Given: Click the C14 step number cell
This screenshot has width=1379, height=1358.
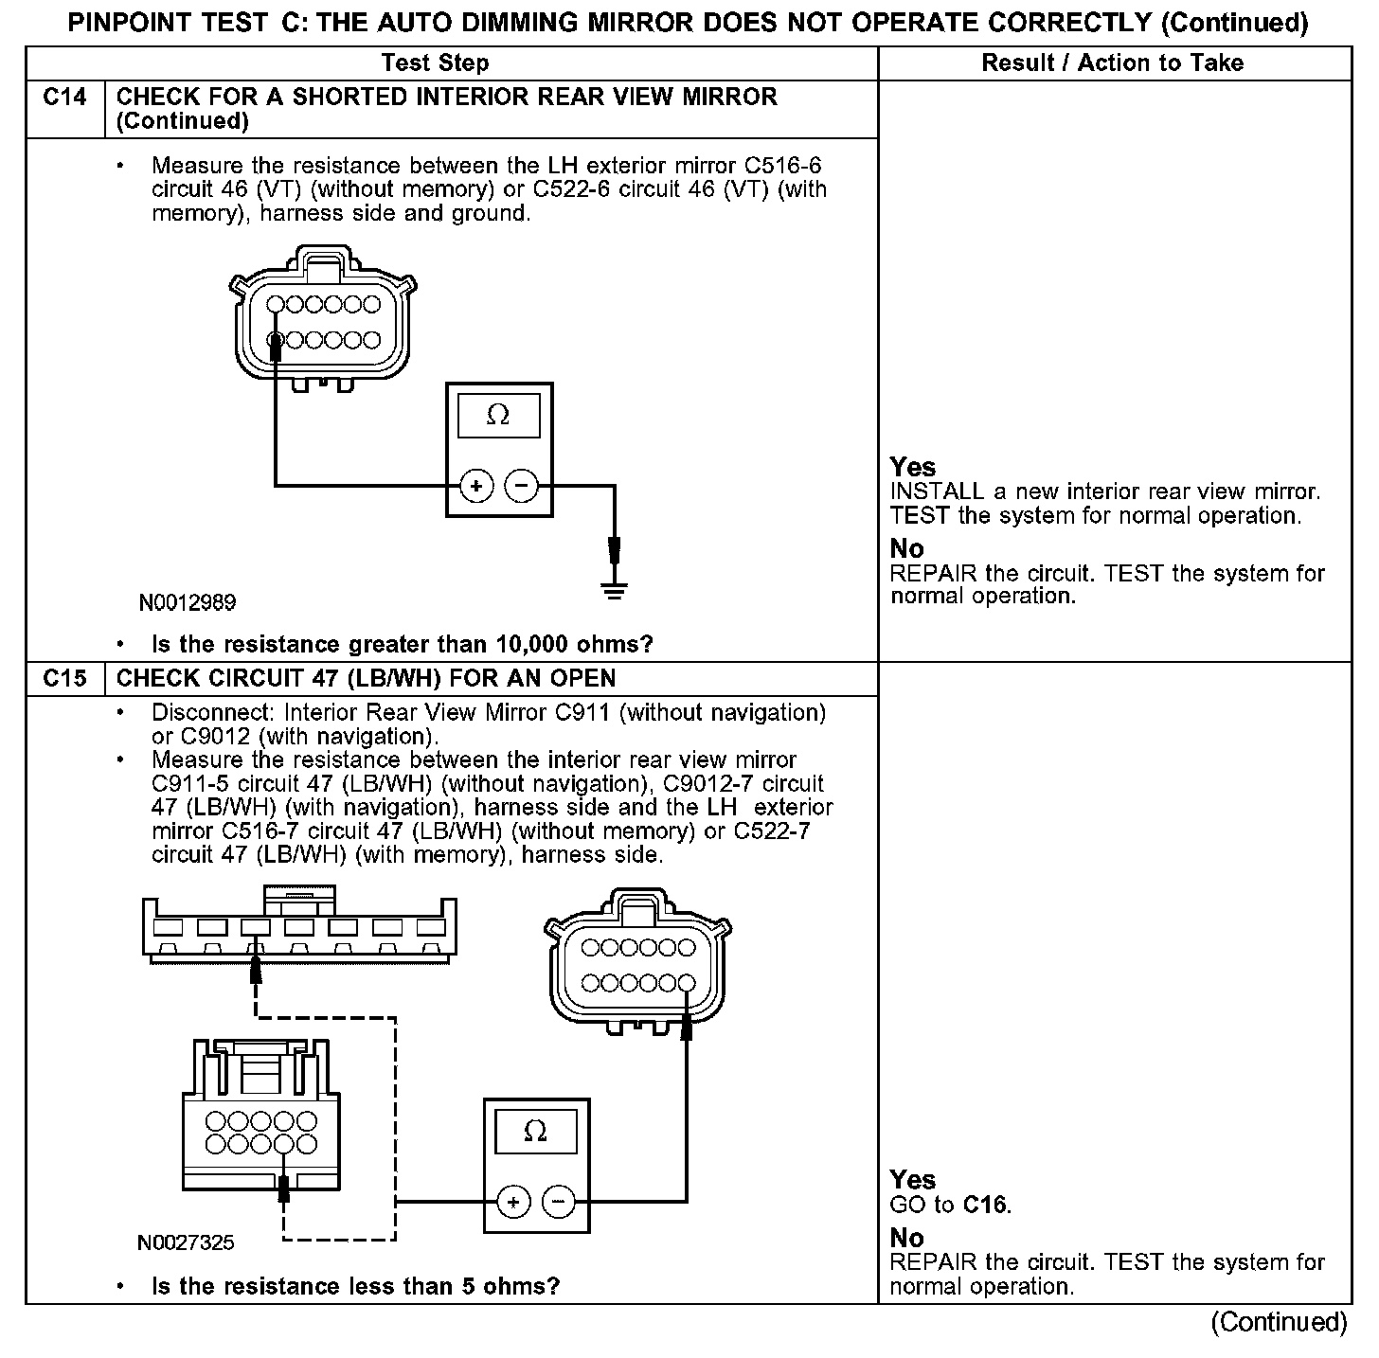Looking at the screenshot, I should pos(64,98).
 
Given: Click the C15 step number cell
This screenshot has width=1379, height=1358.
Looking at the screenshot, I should pos(64,678).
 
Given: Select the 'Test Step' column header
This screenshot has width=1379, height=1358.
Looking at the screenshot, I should pos(435,63).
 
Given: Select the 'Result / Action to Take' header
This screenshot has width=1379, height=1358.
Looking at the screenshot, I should pos(1113,63).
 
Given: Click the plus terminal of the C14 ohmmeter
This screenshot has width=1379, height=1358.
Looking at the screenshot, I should pos(476,487).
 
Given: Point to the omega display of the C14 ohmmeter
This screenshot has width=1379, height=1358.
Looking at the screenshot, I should pos(498,416).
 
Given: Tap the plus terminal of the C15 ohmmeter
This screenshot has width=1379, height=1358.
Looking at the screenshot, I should pos(513,1203).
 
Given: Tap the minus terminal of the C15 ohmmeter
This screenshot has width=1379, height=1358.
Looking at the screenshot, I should pos(558,1203).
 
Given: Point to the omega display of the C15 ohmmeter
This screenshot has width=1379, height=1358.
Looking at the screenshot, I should pos(535,1132).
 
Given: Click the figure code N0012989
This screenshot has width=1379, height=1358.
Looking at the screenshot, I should pos(188,602).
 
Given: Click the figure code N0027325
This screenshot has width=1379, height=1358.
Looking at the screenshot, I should pos(187,1242).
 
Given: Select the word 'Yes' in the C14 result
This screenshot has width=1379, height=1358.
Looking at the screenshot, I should pos(913,467).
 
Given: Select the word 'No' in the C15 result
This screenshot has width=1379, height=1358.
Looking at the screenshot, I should pos(906,1238).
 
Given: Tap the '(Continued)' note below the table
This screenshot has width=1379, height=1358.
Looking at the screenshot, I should pos(1279,1322).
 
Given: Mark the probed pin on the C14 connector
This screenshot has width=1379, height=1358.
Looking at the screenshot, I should pos(276,339).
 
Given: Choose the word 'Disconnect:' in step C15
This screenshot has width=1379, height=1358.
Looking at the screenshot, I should pos(215,712).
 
